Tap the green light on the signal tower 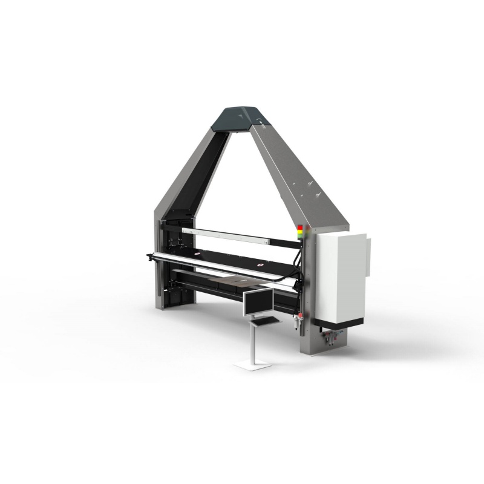[x=299, y=235]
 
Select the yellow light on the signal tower [x=299, y=232]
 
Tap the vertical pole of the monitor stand [x=253, y=342]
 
